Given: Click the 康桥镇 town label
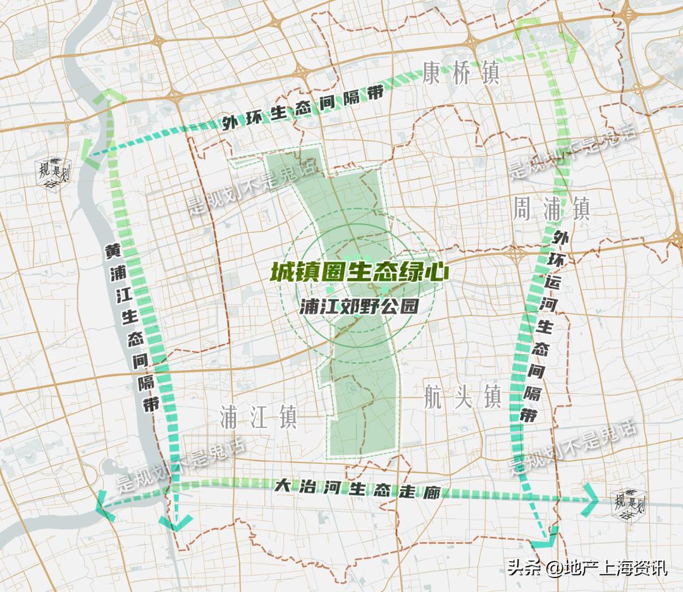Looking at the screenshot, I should click(x=462, y=73).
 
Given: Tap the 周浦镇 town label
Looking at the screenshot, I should click(x=551, y=209).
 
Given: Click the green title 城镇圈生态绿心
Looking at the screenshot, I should click(x=360, y=272).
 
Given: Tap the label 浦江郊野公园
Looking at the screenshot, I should click(x=360, y=306).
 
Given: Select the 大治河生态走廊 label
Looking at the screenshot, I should click(x=357, y=489).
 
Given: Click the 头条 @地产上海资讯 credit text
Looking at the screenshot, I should click(x=588, y=567).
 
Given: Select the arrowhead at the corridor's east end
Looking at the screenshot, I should click(x=592, y=498).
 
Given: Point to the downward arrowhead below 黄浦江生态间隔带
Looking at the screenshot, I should click(x=176, y=522).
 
